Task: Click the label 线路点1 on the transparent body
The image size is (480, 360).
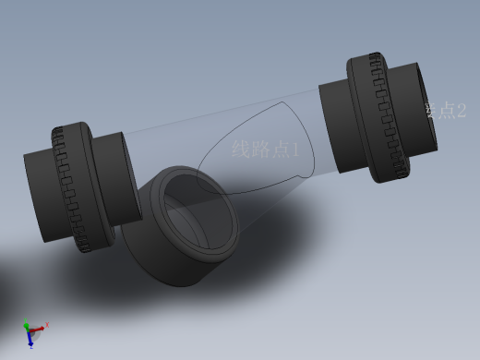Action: click(265, 150)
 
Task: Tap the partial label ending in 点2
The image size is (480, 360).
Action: click(446, 111)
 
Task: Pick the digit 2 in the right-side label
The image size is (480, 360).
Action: click(460, 111)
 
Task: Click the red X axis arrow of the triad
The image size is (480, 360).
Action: click(43, 325)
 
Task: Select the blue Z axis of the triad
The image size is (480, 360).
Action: click(30, 341)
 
